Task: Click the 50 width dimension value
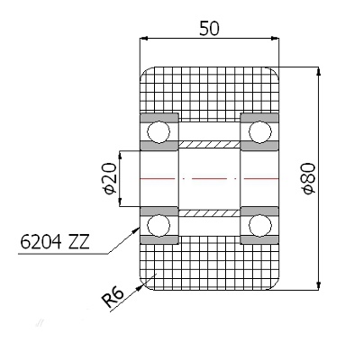point(209,29)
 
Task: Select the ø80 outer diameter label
point(309,178)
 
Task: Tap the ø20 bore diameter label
point(109,178)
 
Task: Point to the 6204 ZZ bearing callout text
point(55,242)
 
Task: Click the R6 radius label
point(113,298)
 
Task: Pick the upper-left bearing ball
point(159,131)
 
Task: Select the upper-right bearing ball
point(260,131)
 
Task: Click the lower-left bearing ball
point(159,225)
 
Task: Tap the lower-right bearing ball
point(260,225)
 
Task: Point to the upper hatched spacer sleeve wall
point(209,145)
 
